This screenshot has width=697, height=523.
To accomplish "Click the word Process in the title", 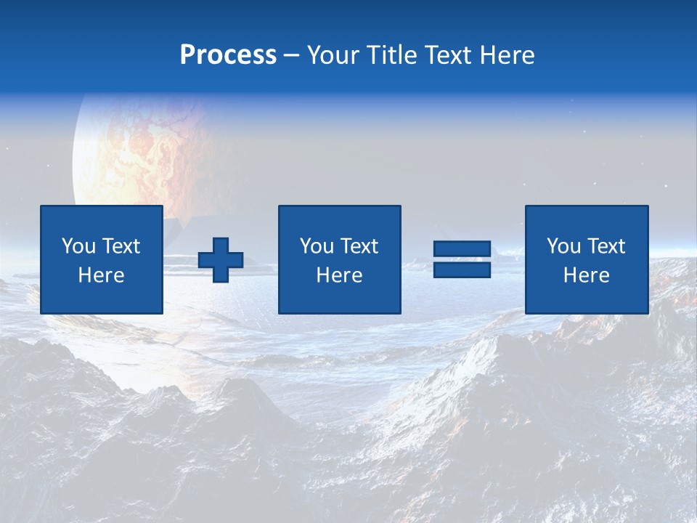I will (x=228, y=55).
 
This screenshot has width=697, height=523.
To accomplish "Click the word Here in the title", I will (x=507, y=55).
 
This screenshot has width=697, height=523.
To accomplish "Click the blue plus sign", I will (x=221, y=259).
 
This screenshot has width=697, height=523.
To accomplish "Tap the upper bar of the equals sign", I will (x=462, y=249).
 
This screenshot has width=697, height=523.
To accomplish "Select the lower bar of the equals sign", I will (x=462, y=269).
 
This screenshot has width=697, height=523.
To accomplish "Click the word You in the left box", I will (x=78, y=246).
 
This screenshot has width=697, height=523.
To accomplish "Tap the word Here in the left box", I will (x=101, y=275).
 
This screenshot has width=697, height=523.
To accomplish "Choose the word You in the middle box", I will (x=317, y=246).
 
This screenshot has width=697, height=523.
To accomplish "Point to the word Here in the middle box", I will (x=339, y=275).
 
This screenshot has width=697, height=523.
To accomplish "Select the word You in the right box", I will (x=563, y=246).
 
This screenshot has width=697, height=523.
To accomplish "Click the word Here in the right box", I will (x=586, y=275).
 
